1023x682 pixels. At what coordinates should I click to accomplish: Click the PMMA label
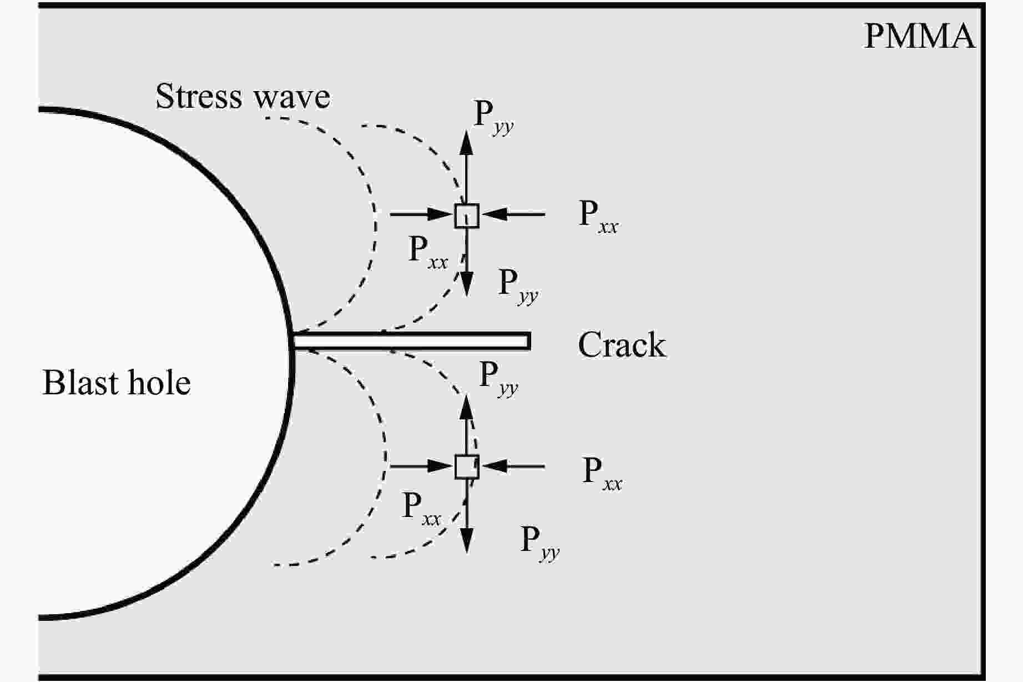tap(919, 37)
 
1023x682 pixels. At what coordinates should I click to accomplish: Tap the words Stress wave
tap(243, 97)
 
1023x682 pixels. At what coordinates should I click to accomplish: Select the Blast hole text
tap(117, 383)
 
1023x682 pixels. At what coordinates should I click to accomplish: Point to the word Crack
tap(622, 345)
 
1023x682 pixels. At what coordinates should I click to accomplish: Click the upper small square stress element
tap(466, 215)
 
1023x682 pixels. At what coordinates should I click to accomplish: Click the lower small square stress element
tap(466, 467)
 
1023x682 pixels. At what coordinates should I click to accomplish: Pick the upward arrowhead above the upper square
tap(466, 143)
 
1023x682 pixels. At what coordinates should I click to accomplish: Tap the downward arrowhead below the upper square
tap(466, 284)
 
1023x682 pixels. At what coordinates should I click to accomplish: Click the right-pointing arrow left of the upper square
tap(422, 213)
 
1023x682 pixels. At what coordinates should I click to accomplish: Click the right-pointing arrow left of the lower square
tap(422, 465)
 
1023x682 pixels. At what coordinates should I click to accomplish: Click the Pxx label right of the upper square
tap(598, 217)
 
